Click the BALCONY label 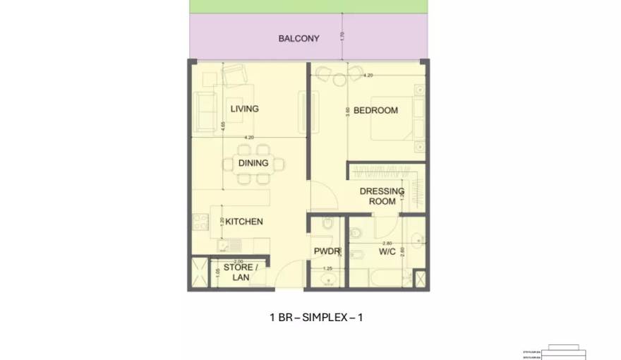point(299,38)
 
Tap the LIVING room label point(244,109)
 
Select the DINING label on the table point(253,163)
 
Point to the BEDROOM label point(375,110)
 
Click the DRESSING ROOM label point(382,196)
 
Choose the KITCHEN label point(243,222)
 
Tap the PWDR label point(327,251)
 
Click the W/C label point(387,251)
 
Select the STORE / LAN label point(241,272)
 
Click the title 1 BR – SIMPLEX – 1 point(315,318)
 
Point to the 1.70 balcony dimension point(342,36)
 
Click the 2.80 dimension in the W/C point(387,243)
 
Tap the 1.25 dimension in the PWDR point(327,269)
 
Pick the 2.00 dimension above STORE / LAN point(239,262)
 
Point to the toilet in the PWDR point(327,227)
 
